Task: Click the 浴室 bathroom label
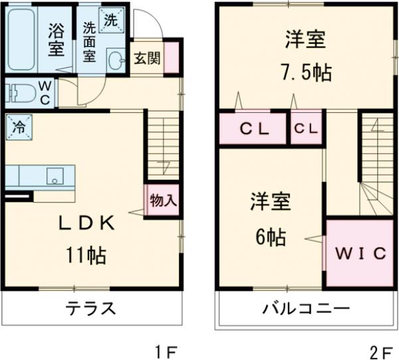[x=55, y=39]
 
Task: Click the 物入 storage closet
[x=162, y=199]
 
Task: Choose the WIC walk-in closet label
[x=359, y=253]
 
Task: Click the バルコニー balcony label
[x=305, y=308]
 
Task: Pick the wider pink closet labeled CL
[x=253, y=130]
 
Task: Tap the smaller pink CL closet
[x=306, y=130]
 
